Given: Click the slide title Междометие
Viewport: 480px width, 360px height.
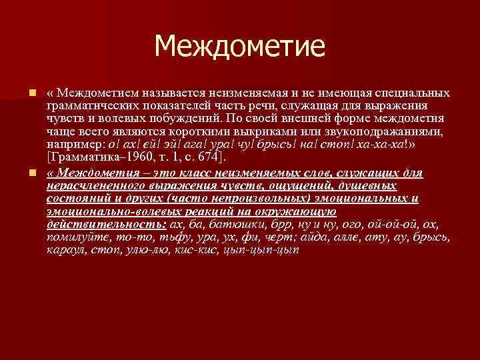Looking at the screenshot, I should [x=240, y=46].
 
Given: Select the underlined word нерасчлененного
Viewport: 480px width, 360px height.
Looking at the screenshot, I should [x=91, y=185].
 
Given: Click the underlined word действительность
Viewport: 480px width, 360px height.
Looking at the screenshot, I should [x=107, y=224].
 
